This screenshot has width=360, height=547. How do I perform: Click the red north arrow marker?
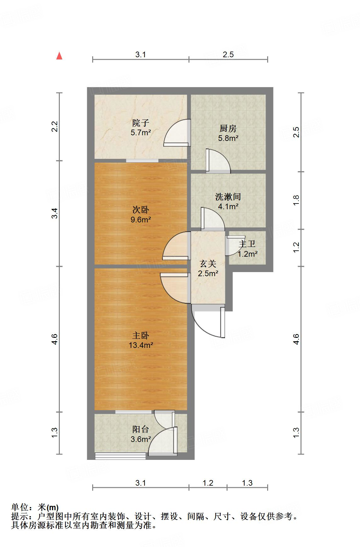[59, 56]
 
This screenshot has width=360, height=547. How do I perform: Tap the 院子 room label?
[140, 122]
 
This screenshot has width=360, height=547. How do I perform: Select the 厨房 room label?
[228, 128]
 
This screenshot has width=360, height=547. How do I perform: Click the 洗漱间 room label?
[228, 197]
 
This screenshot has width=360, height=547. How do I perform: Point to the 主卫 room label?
[247, 244]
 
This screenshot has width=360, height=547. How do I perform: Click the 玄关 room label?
[208, 264]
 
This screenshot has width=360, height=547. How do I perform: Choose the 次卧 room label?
[140, 209]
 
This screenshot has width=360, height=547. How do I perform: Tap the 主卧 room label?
[140, 335]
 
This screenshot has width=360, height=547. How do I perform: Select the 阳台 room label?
[140, 429]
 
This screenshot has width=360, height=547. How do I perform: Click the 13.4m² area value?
[141, 345]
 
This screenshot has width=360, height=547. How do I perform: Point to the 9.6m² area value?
[141, 220]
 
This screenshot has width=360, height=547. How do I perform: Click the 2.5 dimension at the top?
[228, 54]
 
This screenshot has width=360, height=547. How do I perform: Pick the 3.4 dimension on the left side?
[55, 214]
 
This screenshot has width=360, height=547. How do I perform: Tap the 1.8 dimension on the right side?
[296, 200]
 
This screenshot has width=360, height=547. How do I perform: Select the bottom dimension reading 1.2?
[208, 483]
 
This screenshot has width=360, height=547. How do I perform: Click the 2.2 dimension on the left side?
[55, 126]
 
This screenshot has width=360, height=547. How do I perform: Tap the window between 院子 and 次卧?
[142, 161]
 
